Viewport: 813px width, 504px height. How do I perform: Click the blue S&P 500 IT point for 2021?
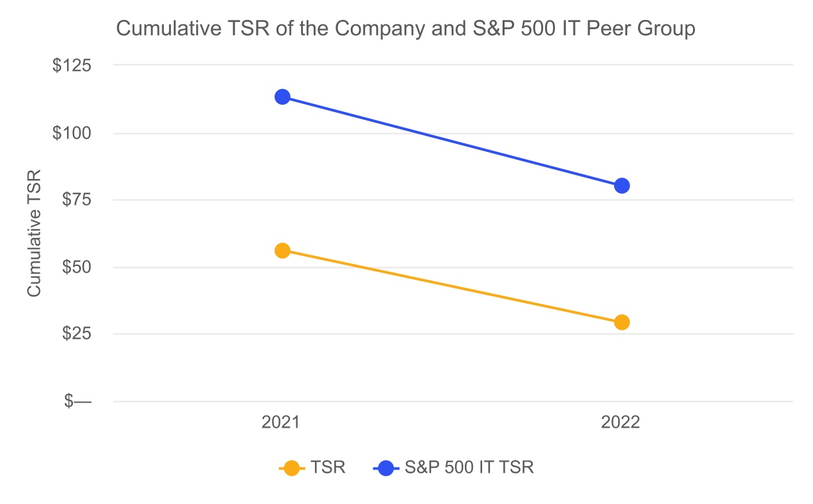coord(282,97)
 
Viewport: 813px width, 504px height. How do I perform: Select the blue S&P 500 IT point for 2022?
coord(621,186)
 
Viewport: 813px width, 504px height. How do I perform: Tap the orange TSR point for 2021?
coord(282,251)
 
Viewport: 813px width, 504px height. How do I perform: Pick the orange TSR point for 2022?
coord(621,322)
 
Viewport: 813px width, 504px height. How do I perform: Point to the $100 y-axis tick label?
coord(73,133)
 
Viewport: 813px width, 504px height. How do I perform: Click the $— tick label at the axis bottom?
coord(78,401)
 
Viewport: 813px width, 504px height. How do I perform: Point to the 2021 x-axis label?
coord(281,422)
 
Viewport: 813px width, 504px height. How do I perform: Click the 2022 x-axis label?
coord(621,422)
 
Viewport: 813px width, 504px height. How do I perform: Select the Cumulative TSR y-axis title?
coord(34,233)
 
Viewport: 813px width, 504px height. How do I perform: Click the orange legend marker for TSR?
coord(290,468)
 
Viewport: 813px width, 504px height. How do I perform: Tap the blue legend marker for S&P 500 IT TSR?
coord(385,468)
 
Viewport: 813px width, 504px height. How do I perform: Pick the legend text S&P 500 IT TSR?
coord(469,468)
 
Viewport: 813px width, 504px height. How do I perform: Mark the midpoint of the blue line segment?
coord(452,141)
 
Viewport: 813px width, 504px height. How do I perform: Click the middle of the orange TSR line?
coord(452,286)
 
